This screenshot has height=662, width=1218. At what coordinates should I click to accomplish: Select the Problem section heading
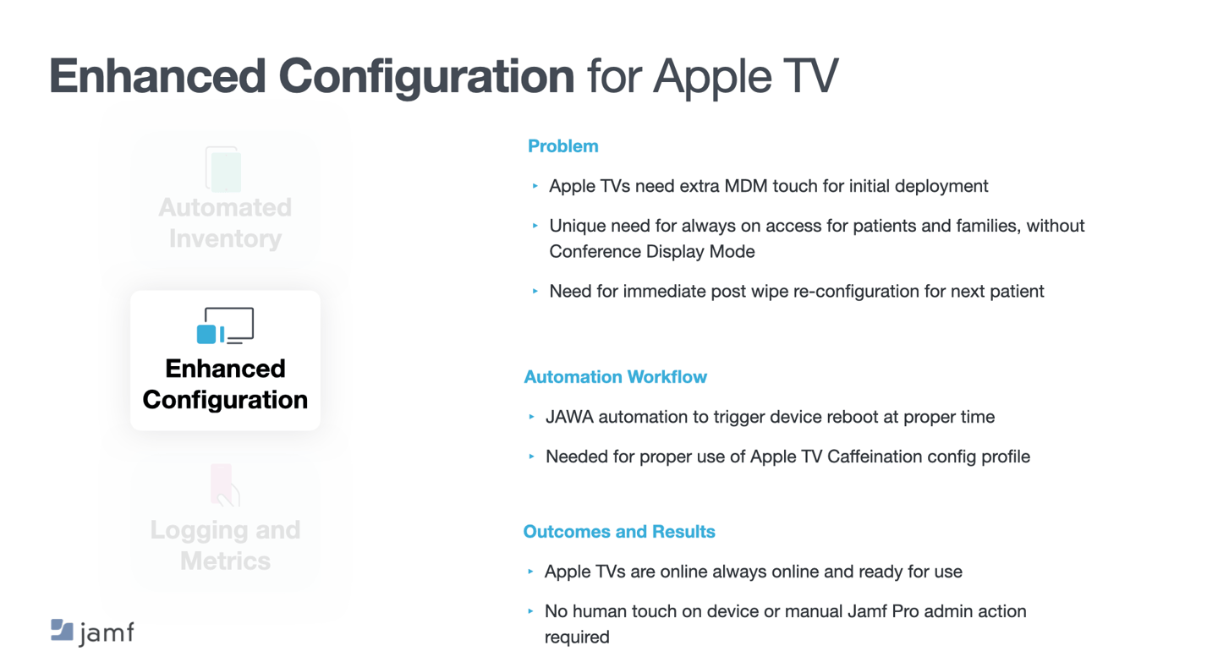pos(562,146)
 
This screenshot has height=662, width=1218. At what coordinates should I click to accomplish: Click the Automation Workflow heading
pos(615,377)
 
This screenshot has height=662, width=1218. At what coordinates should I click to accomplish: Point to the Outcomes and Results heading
pos(619,531)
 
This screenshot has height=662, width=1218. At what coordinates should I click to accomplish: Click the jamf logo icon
pos(62,630)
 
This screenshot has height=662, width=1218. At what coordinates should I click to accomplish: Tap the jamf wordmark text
pos(107,633)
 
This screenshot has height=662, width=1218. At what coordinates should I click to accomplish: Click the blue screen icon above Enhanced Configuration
pos(225,326)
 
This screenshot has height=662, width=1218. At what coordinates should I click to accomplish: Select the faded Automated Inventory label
pos(225,223)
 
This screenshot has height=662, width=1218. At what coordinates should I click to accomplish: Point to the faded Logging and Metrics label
pos(225,545)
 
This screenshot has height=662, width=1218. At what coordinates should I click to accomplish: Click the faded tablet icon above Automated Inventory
pos(223,169)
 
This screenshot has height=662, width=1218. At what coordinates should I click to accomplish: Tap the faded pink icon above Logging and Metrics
pos(224,484)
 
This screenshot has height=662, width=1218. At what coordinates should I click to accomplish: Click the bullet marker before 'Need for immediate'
pos(535,292)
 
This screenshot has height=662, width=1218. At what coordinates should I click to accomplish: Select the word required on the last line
pos(577,637)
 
